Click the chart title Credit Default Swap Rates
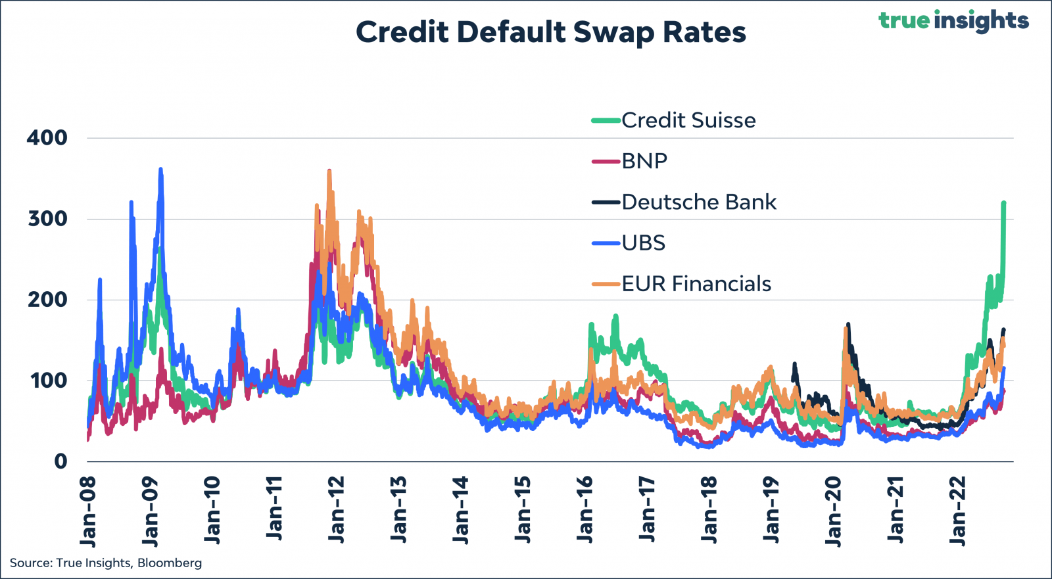pos(550,33)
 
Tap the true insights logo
pos(953,21)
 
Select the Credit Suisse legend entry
pos(674,121)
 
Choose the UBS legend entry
pos(629,243)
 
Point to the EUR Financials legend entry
pos(681,284)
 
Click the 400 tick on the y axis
pos(47,138)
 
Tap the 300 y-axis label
pos(47,220)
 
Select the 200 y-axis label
pos(47,300)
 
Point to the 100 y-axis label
pos(49,381)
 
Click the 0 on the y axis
pos(60,461)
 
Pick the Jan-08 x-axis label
pos(88,512)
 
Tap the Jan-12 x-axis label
pos(336,511)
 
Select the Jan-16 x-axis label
pos(585,511)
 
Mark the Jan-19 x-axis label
pos(771,511)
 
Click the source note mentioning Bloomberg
pos(106,563)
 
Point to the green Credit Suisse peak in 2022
pos(1003,203)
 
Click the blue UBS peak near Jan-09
pos(160,170)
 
